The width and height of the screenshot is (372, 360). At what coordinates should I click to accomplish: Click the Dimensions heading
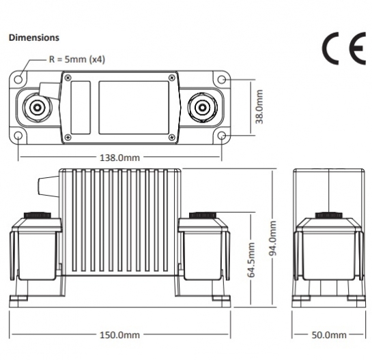(x=34, y=37)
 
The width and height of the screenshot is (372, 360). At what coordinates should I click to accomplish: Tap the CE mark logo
(x=344, y=48)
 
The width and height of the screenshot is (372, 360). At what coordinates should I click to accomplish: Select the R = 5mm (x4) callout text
(x=77, y=59)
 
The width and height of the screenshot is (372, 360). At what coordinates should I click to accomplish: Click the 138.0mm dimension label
(x=119, y=157)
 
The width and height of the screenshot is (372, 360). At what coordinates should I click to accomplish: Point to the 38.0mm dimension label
(x=259, y=106)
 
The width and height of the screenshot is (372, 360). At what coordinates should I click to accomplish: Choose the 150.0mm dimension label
(x=119, y=335)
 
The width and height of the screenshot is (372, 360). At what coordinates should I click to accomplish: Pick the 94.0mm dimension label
(x=272, y=238)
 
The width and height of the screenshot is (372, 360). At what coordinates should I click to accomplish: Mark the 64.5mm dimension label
(x=251, y=260)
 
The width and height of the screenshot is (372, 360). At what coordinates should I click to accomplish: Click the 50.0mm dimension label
(x=329, y=335)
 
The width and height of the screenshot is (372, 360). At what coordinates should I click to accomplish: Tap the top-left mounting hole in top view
(x=18, y=79)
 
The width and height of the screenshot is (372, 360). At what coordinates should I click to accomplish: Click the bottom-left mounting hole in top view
(x=18, y=136)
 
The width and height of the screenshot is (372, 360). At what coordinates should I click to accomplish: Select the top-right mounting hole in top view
(x=222, y=79)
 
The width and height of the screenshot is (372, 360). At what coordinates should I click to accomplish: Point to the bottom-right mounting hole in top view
(x=222, y=136)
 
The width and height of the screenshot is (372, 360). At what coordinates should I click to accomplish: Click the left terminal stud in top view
(x=37, y=107)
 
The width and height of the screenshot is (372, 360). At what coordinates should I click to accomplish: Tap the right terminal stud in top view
(x=202, y=107)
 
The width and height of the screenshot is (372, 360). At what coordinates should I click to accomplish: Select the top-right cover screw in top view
(x=171, y=78)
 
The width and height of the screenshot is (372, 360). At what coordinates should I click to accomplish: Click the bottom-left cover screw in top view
(x=68, y=137)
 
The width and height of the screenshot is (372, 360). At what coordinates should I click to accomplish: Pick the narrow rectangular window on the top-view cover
(x=81, y=108)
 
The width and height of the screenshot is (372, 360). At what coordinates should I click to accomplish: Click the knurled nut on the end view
(x=328, y=215)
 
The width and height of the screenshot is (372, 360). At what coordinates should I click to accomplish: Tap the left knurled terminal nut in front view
(x=38, y=215)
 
